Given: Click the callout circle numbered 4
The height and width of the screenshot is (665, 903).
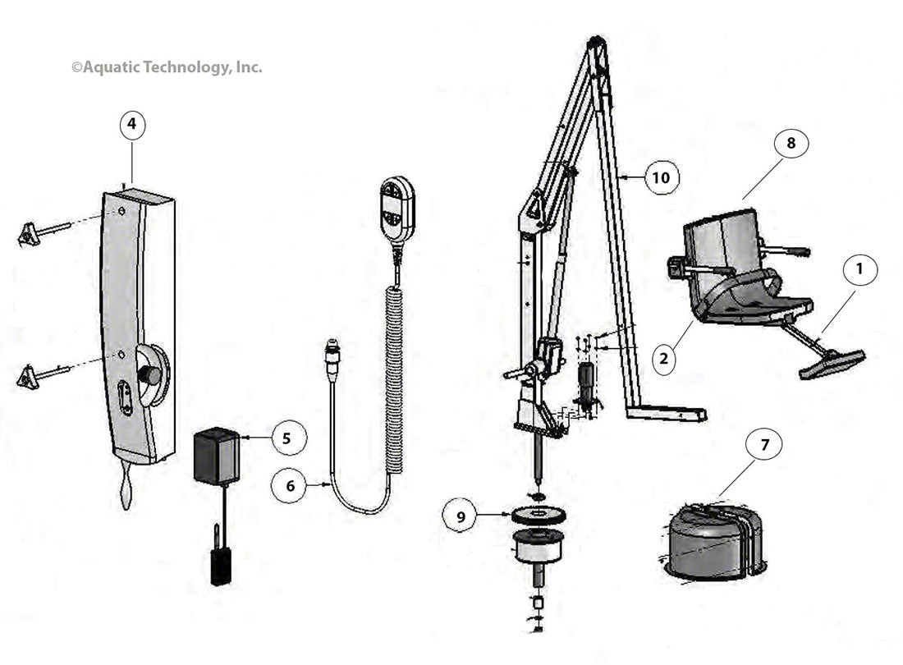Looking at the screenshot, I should pyautogui.click(x=132, y=126).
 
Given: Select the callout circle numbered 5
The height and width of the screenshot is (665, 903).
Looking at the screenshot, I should pyautogui.click(x=286, y=438).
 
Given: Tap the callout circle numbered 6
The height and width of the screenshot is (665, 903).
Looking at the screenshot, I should pyautogui.click(x=291, y=486).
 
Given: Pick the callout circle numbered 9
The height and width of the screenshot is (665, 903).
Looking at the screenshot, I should pyautogui.click(x=461, y=516).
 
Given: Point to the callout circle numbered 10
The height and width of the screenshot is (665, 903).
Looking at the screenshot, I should pyautogui.click(x=662, y=177).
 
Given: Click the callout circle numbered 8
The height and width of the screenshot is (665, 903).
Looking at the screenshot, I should pyautogui.click(x=791, y=144).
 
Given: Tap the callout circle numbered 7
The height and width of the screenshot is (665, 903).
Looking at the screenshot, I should pyautogui.click(x=764, y=446).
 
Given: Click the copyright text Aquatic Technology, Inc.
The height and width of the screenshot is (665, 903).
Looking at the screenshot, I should pyautogui.click(x=167, y=67).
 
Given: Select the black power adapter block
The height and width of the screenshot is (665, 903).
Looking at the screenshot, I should pyautogui.click(x=217, y=456).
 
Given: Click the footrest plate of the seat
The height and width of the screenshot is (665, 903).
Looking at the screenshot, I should pyautogui.click(x=832, y=364).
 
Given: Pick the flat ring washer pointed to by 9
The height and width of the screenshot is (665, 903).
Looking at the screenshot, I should pyautogui.click(x=538, y=516).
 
